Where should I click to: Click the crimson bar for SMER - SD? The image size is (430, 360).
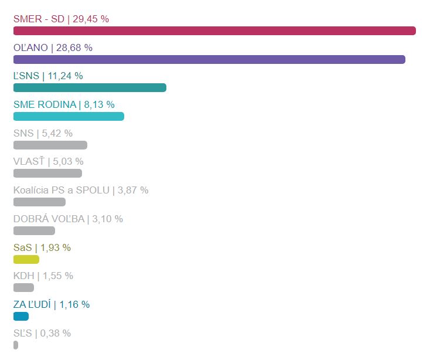[x=214, y=30]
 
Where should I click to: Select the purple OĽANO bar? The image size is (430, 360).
[x=209, y=59]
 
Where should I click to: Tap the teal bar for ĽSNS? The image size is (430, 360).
[x=90, y=88]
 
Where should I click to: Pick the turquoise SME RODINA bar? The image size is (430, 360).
[x=69, y=116]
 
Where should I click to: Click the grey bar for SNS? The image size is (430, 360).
[x=50, y=145]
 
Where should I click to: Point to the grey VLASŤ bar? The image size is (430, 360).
[x=47, y=173]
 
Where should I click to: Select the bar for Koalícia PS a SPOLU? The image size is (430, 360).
[x=39, y=202]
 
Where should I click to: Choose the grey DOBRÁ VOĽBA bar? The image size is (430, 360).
[x=34, y=230]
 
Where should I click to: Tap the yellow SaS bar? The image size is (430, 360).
[x=26, y=259]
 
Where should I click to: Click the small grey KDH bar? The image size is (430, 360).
[x=23, y=287]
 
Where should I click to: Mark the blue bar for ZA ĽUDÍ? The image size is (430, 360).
[x=21, y=316]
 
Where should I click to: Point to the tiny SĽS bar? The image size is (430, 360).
[x=16, y=345]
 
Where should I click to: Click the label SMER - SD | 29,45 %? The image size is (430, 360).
[x=61, y=19]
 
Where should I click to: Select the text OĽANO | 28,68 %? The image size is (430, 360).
[x=53, y=47]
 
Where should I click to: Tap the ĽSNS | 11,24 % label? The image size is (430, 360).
[x=48, y=76]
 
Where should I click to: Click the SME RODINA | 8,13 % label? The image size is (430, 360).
[x=64, y=104]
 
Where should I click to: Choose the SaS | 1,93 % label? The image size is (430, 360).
[x=42, y=247]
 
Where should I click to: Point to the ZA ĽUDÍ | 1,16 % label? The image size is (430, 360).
[x=52, y=304]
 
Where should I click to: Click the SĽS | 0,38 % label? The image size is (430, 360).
[x=42, y=333]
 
